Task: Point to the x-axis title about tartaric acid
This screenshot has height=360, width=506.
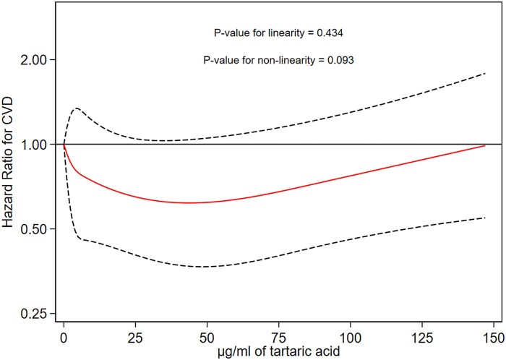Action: click(278, 352)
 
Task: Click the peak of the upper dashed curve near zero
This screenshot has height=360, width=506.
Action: click(76, 108)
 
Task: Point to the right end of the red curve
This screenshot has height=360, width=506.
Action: click(485, 146)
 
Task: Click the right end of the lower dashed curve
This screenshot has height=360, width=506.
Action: click(485, 218)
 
